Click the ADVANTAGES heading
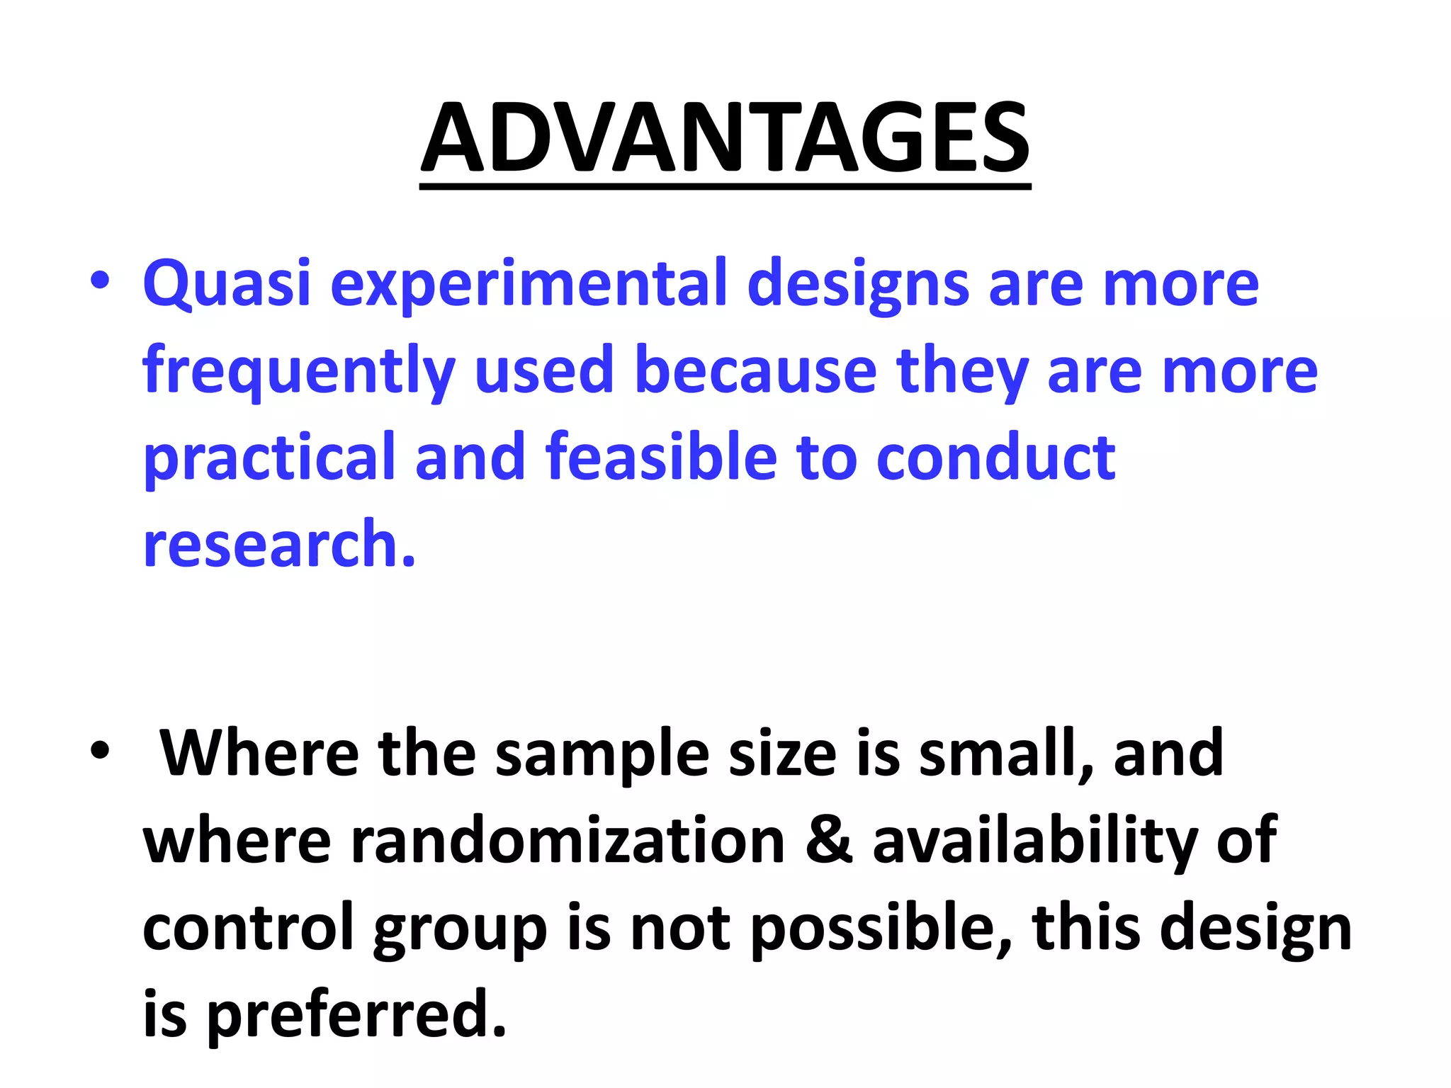(725, 138)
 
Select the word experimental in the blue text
(529, 283)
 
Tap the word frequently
(298, 371)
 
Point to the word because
(755, 370)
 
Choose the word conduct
(995, 456)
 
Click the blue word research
(279, 544)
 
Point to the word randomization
(568, 841)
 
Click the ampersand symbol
(829, 841)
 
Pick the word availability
(1034, 841)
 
